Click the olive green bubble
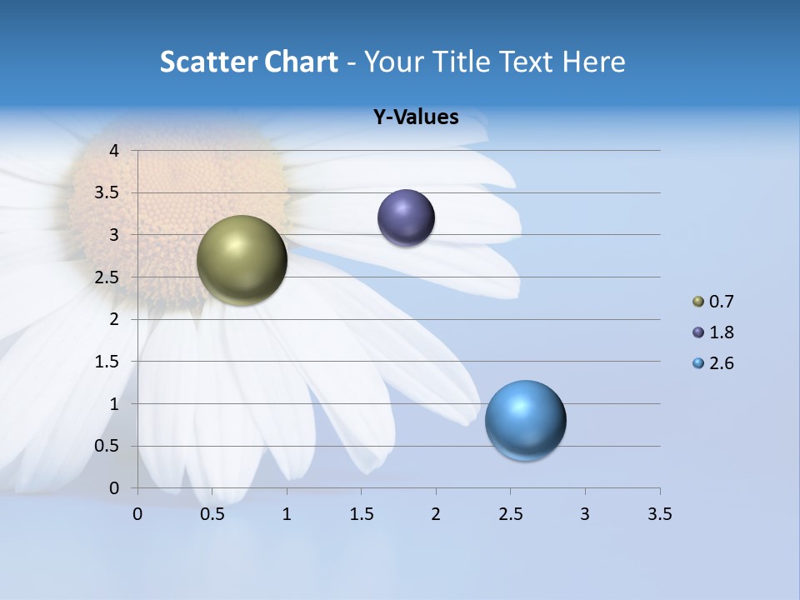click(242, 260)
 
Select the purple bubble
click(406, 218)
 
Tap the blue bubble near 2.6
click(525, 420)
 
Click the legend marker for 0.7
click(698, 302)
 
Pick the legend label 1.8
click(721, 332)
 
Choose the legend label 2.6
click(721, 363)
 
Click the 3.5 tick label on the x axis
click(659, 514)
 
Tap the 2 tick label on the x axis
click(436, 514)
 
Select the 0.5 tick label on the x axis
click(212, 514)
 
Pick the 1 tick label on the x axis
click(287, 514)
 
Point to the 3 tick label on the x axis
click(585, 514)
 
